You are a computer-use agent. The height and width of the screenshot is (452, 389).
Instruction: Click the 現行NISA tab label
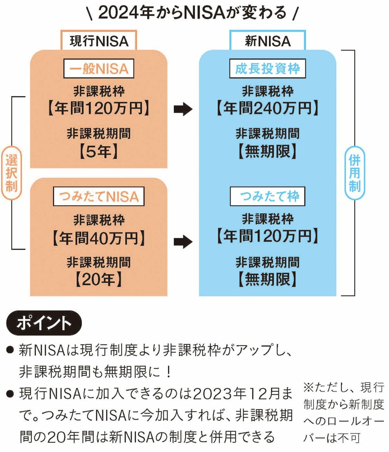point(99,41)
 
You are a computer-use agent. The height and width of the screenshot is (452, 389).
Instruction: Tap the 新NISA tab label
point(267,41)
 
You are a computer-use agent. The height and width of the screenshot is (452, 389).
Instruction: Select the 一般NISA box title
point(99,69)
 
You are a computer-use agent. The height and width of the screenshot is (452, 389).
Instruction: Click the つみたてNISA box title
point(99,196)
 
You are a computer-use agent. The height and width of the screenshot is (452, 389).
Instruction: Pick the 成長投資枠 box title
point(267,69)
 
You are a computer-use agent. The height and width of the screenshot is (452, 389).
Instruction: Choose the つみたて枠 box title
point(267,196)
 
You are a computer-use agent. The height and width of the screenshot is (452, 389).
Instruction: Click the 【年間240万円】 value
point(267,109)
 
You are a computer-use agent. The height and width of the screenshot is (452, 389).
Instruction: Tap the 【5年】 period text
point(99,151)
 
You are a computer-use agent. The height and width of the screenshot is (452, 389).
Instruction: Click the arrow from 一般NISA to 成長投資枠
point(183,109)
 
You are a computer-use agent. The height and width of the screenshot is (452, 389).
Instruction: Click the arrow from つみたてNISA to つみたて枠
point(183,242)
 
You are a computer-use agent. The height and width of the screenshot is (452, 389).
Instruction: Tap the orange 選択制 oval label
point(11,173)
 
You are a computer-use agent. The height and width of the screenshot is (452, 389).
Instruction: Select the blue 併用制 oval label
point(354,173)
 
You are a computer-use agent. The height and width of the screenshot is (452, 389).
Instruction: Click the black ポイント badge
point(44,323)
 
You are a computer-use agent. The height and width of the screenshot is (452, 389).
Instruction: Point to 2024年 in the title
point(126,13)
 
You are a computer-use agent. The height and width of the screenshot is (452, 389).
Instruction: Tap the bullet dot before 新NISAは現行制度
point(10,350)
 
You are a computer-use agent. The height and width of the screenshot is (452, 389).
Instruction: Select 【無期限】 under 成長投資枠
point(267,151)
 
